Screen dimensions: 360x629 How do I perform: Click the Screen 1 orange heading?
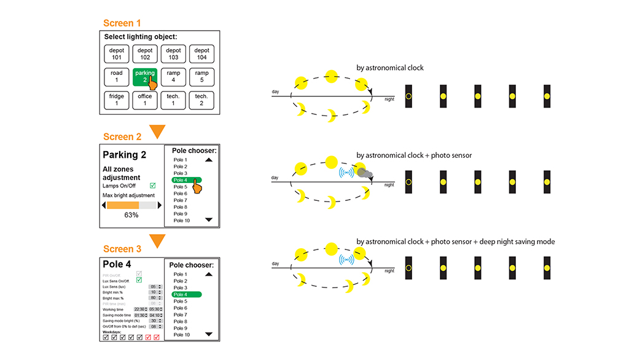[x=122, y=23]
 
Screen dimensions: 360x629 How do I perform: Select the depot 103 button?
[x=173, y=53]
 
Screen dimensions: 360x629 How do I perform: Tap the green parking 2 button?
[x=145, y=76]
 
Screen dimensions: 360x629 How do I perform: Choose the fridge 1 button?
[x=117, y=100]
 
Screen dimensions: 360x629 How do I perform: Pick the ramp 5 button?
[x=201, y=76]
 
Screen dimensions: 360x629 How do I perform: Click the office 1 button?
[x=145, y=100]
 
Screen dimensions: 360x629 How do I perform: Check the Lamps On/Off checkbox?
[x=153, y=185]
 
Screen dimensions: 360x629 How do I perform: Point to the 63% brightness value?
[x=131, y=216]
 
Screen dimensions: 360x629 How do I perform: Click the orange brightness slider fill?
[x=122, y=205]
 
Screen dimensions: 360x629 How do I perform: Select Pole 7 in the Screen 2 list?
[x=181, y=200]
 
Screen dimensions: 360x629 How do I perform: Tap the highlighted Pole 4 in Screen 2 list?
[x=184, y=180]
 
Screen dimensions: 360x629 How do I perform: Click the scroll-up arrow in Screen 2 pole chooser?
[x=209, y=160]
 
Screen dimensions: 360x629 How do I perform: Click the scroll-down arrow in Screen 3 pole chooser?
[x=209, y=334]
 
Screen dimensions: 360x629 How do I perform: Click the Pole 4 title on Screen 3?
[x=117, y=264]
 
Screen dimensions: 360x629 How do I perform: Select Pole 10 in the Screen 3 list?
[x=182, y=335]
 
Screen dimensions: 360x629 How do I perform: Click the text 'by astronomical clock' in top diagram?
[x=390, y=68]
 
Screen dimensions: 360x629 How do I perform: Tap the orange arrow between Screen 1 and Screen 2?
[x=158, y=131]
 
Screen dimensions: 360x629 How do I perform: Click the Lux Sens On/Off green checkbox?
[x=139, y=280]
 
